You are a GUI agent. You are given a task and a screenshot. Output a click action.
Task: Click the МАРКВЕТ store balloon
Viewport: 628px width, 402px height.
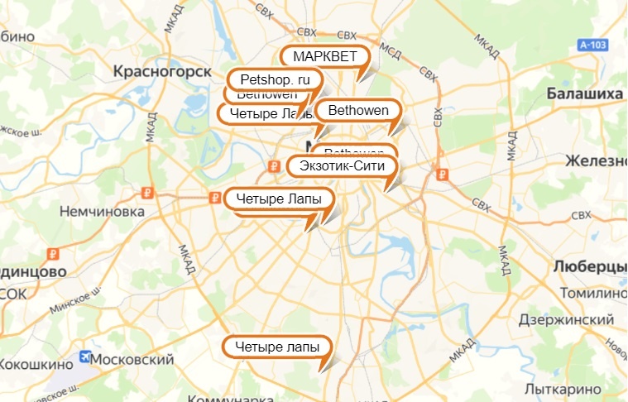point(324,56)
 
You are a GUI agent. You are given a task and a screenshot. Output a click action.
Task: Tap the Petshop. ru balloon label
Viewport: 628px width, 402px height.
point(273,79)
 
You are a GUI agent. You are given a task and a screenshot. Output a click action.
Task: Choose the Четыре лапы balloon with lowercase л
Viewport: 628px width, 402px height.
point(276,347)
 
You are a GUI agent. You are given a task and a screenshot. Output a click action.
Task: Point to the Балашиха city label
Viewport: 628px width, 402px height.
point(584,94)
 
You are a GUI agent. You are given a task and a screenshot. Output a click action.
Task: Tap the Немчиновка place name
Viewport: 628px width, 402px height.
point(103,212)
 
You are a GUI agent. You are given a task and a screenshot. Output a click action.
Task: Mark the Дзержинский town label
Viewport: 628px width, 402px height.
point(567,319)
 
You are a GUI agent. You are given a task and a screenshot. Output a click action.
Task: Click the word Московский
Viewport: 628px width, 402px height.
point(132,361)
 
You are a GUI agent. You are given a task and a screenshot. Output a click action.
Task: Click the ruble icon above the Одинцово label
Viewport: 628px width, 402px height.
point(51,254)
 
